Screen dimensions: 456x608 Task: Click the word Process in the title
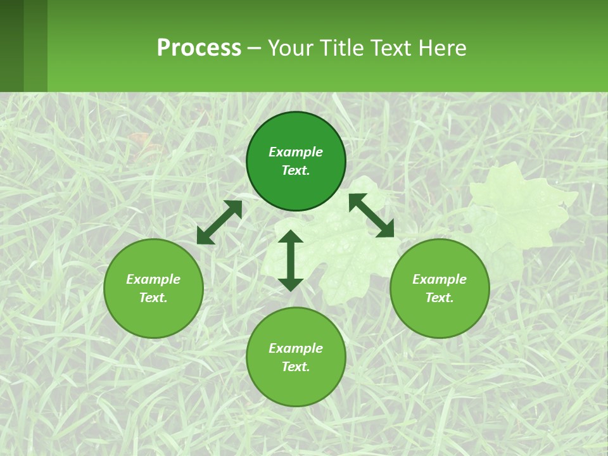(x=199, y=48)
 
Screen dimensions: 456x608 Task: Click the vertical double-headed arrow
(x=291, y=260)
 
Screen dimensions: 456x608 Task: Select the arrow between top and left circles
(x=220, y=222)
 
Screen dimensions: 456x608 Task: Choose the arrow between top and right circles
(x=371, y=216)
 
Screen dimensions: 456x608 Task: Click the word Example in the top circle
(x=296, y=152)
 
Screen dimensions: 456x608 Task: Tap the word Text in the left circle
(x=153, y=298)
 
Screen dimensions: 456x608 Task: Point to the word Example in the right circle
(x=440, y=279)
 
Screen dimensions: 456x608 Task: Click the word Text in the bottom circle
(x=296, y=367)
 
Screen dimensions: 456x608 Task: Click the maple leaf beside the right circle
(x=519, y=209)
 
